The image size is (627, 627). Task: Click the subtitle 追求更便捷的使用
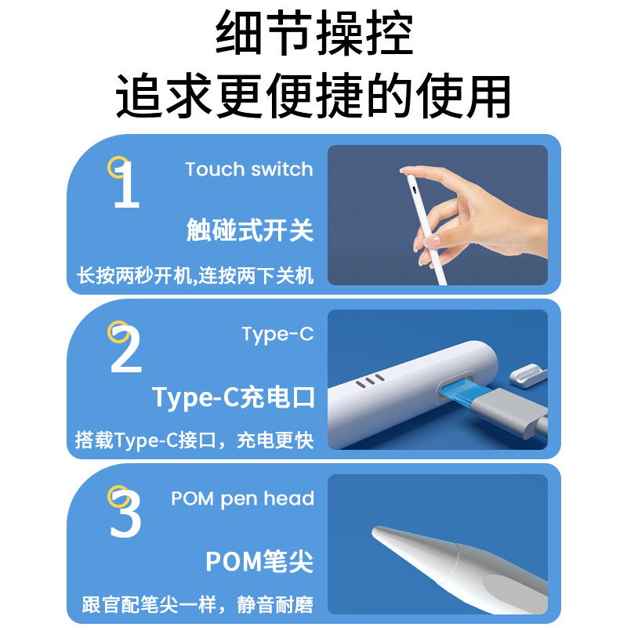point(313,96)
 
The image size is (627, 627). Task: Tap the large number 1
point(125,185)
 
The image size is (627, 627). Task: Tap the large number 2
point(126,350)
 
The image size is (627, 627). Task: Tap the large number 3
point(126,515)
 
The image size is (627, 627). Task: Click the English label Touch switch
point(248,169)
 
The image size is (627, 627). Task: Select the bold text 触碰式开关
point(250,230)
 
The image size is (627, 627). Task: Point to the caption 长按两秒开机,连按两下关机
point(194,276)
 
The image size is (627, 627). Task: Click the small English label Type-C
point(277,334)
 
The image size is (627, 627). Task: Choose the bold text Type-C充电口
point(234,397)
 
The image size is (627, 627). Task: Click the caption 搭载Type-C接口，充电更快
point(194,440)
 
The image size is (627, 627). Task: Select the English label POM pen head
point(242,498)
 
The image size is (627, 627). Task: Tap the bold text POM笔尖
point(259,561)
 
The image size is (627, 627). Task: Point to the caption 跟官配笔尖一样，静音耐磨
point(198,605)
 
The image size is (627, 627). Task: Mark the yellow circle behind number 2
point(117,332)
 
